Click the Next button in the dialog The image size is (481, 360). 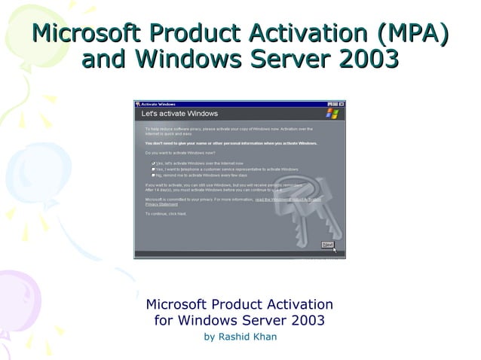click(327, 245)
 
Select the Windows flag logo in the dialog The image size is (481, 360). click(332, 114)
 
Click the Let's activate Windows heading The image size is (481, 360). click(179, 114)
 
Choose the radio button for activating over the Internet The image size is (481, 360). click(153, 163)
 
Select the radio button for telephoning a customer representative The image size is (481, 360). click(153, 169)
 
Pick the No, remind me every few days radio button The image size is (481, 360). click(153, 175)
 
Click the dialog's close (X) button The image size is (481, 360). click(342, 104)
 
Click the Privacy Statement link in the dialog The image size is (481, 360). click(161, 204)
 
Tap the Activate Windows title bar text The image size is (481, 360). click(159, 104)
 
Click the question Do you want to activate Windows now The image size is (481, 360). click(179, 153)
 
